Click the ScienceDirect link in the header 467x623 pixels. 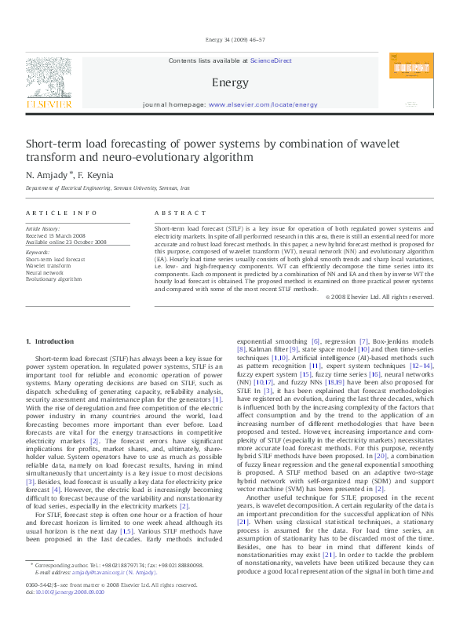tap(272, 60)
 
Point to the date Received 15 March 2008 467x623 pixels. tap(57, 235)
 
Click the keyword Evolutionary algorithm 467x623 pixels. tap(53, 279)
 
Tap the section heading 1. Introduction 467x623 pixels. tap(49, 341)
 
